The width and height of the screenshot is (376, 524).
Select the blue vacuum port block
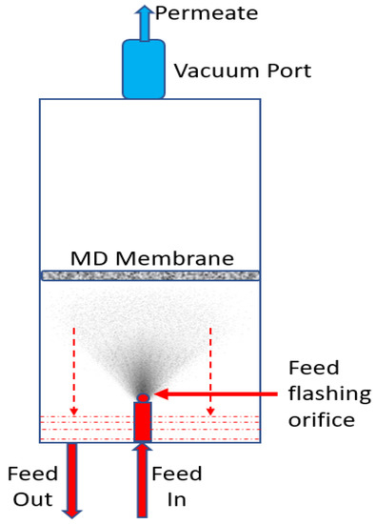tap(144, 68)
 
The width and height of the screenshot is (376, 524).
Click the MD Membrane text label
tap(152, 258)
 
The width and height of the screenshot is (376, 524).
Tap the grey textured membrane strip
tap(150, 275)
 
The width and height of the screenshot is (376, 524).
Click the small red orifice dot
tap(143, 396)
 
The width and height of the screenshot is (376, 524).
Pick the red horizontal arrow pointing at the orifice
tap(209, 392)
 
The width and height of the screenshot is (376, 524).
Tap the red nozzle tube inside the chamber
tap(143, 421)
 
